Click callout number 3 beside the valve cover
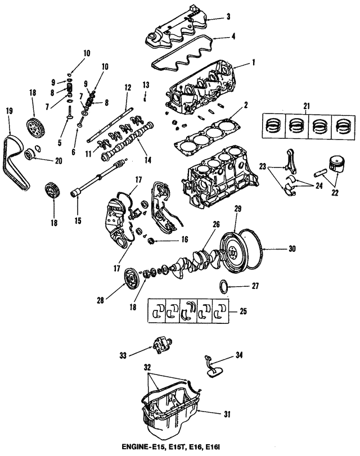pos(228,16)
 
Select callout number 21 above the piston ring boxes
pos(307,107)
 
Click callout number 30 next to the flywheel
pos(292,248)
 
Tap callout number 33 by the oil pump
pos(123,354)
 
